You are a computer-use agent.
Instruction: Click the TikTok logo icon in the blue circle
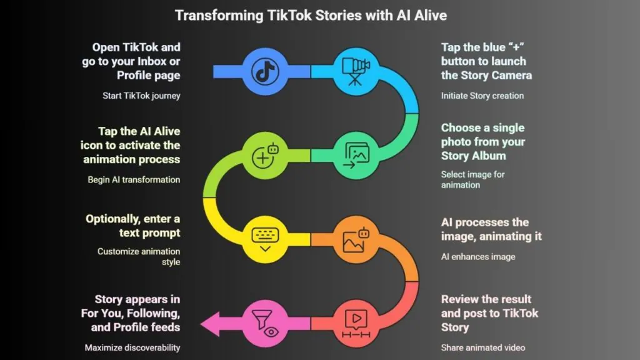[265, 72]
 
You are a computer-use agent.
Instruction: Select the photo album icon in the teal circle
[356, 156]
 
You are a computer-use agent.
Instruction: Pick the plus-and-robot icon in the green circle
[265, 156]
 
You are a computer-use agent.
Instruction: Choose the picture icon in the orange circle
[356, 239]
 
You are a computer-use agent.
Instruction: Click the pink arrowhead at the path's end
[210, 324]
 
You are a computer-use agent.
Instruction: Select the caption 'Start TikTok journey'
[141, 96]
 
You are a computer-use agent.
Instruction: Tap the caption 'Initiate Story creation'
[482, 96]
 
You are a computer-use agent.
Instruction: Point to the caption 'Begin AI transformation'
[134, 180]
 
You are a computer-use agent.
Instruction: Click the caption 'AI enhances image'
[478, 257]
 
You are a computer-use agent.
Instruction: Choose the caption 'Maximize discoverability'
[132, 347]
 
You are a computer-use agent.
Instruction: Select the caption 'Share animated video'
[483, 347]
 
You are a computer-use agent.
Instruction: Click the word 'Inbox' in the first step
[151, 61]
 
